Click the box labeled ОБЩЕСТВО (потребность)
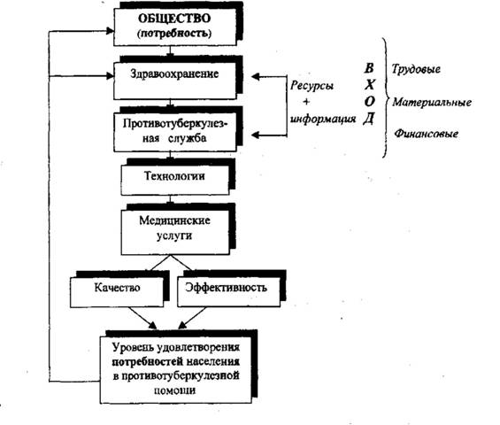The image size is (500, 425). (175, 27)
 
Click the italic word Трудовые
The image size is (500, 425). (416, 69)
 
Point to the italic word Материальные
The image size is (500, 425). (432, 102)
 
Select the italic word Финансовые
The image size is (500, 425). (426, 134)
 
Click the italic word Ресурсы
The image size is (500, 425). (312, 86)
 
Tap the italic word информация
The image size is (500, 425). (323, 119)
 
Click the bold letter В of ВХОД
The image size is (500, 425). (369, 68)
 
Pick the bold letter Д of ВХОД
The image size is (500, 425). (369, 119)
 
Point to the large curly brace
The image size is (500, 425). (386, 97)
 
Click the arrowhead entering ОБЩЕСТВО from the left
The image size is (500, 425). (110, 31)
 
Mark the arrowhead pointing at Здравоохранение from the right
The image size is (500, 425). (256, 76)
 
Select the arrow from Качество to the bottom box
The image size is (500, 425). (142, 318)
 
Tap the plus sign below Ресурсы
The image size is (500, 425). (306, 102)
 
